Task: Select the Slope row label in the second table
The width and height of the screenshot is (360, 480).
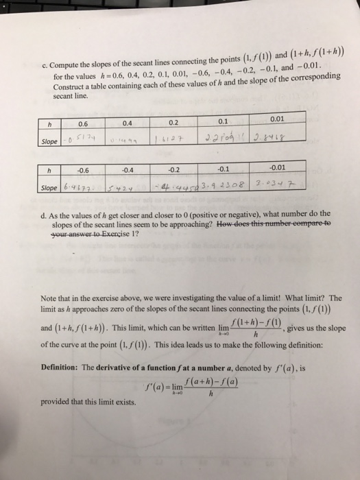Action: (49, 189)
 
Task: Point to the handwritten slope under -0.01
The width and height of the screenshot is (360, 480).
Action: (283, 184)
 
